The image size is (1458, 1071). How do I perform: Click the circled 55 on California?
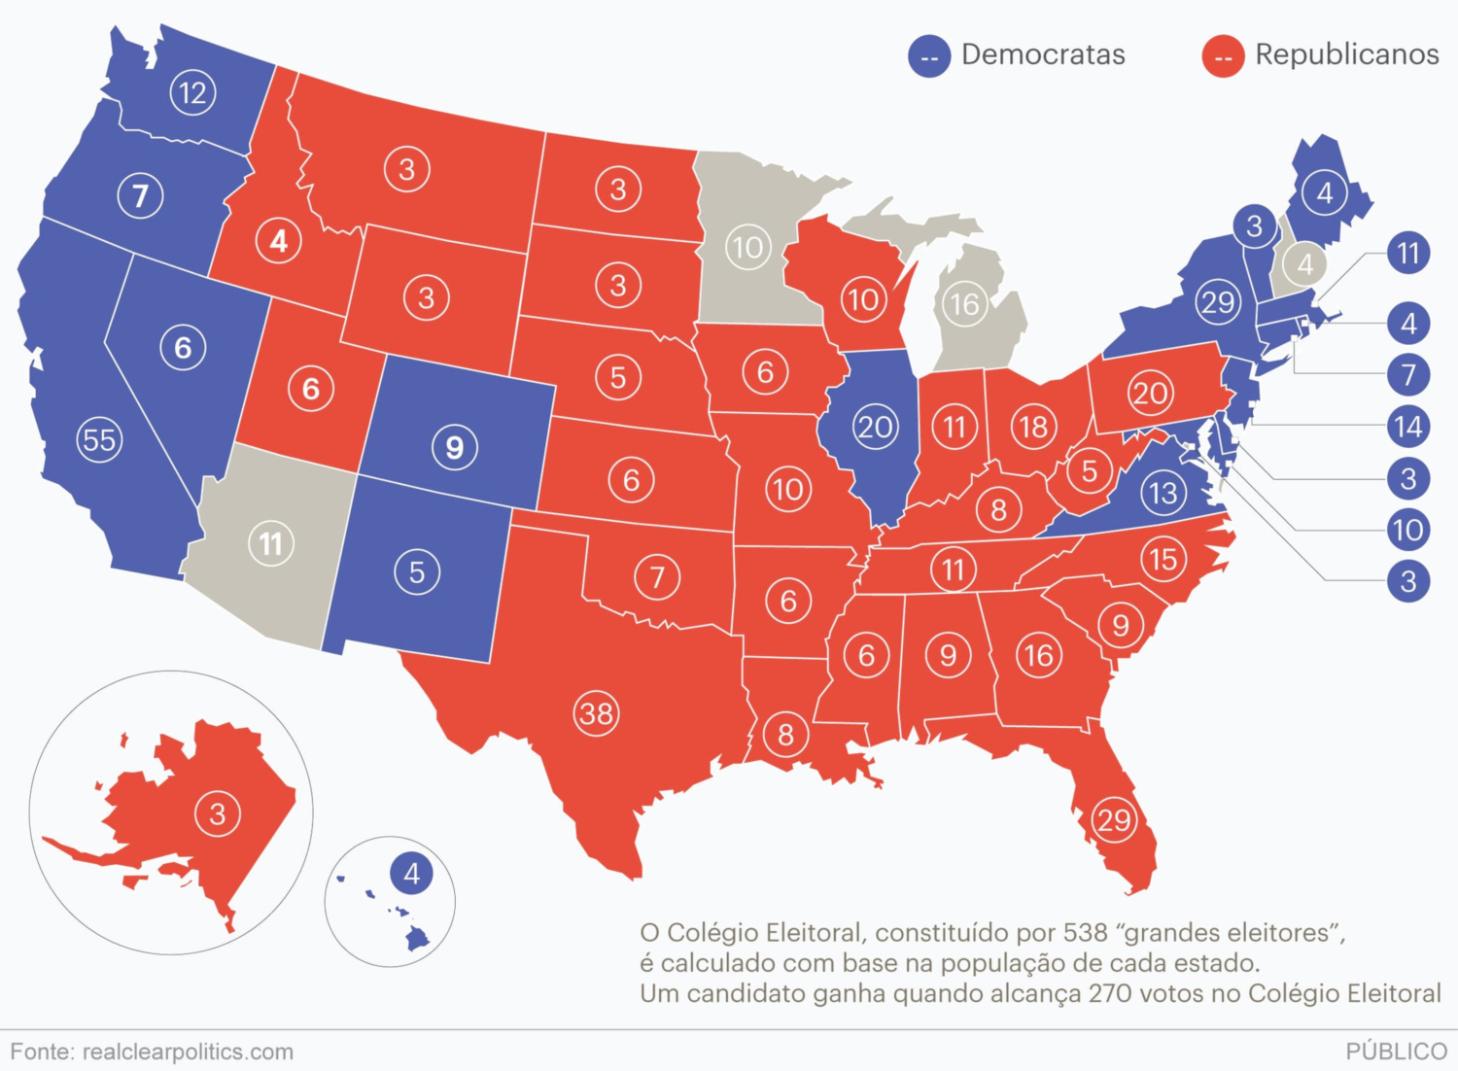(99, 440)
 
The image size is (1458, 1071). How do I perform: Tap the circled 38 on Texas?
(596, 714)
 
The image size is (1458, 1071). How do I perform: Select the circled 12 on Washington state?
(192, 93)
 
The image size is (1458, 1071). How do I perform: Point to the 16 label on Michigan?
(964, 304)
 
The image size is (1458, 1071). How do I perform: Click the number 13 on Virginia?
(1163, 493)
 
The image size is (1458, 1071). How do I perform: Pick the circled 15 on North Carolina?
(1163, 560)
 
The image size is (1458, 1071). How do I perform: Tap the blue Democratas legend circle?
(929, 56)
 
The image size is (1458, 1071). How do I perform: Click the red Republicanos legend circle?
(1224, 56)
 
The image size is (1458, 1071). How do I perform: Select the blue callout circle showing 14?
(1408, 427)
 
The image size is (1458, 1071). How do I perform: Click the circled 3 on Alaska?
(218, 814)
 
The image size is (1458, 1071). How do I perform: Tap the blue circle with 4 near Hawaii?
(412, 873)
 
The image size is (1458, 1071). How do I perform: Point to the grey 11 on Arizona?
(271, 543)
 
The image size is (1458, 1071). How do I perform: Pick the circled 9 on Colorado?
(454, 447)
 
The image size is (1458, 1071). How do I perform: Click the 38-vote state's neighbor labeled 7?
(657, 576)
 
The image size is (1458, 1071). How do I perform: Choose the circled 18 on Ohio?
(1033, 427)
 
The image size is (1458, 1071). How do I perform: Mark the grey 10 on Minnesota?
(747, 247)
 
